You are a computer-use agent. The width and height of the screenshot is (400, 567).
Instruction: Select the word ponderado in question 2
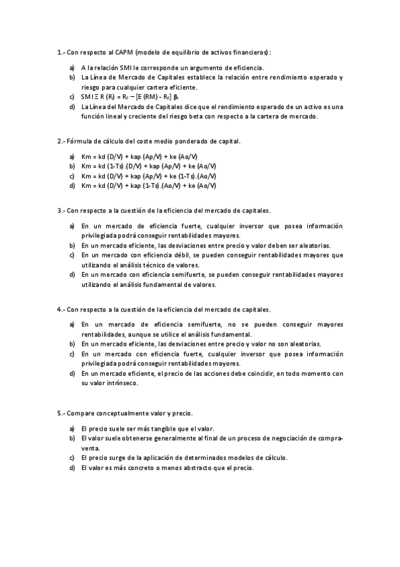(193, 141)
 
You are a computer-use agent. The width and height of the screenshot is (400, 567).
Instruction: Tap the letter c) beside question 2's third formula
(71, 175)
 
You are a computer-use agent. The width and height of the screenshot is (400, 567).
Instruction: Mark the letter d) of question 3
(71, 275)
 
